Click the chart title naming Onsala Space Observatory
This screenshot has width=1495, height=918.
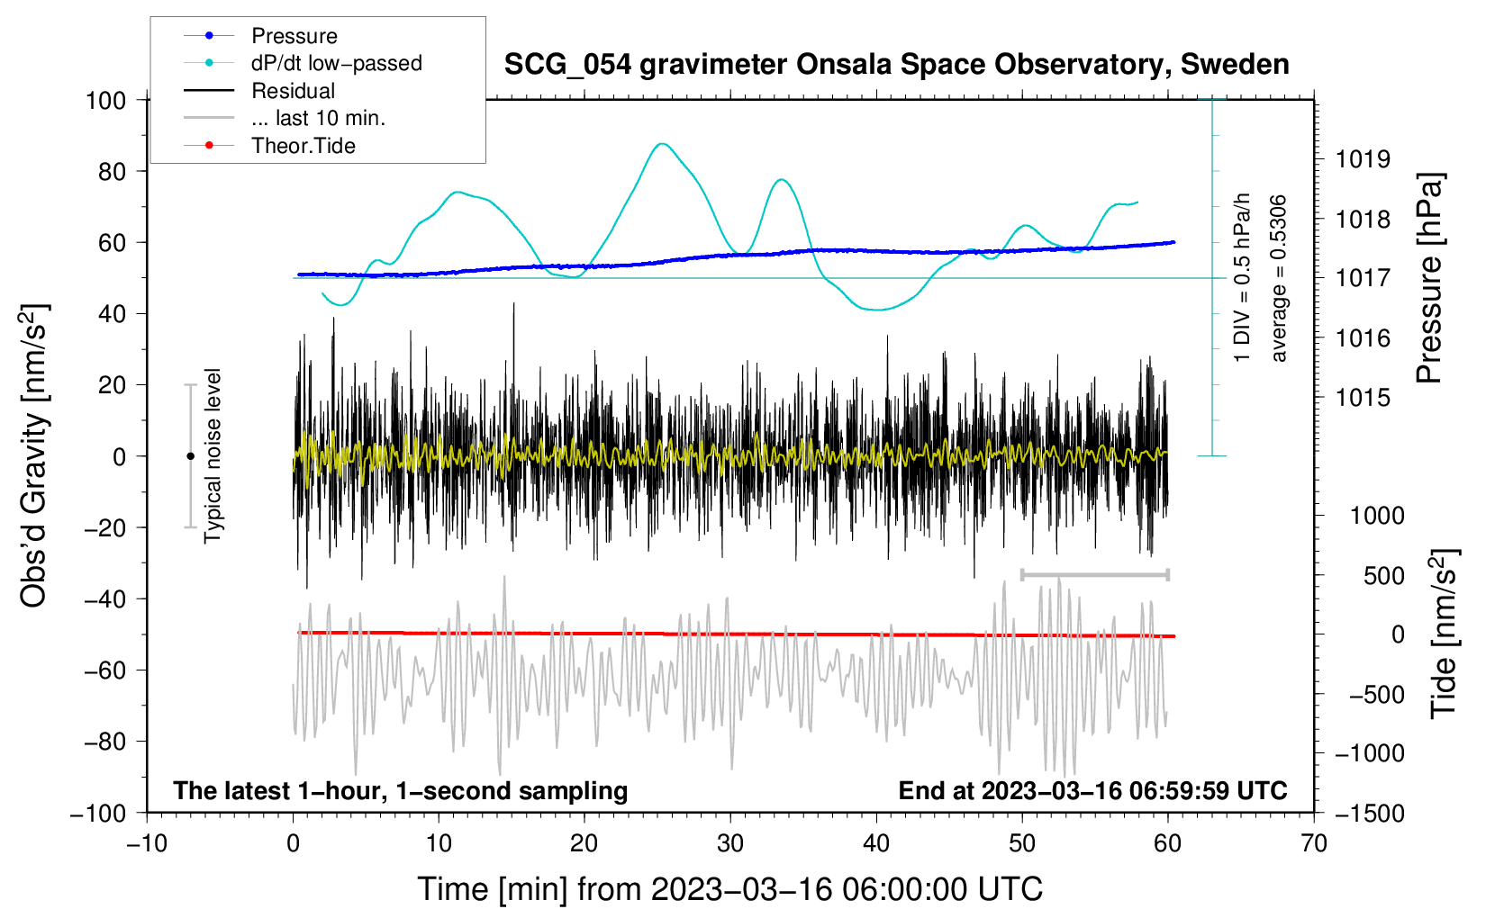point(896,65)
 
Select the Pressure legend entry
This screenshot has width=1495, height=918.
point(294,36)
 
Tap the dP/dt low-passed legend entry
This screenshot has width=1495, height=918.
point(336,63)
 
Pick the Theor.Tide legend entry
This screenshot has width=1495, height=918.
point(303,146)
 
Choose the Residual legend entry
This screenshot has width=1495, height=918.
point(293,91)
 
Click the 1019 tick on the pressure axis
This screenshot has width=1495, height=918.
point(1363,160)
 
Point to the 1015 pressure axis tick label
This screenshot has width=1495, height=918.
point(1363,398)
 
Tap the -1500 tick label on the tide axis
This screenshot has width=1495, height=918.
point(1370,814)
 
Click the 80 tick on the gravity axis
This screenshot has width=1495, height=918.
point(112,171)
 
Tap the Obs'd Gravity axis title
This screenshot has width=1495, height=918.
point(33,455)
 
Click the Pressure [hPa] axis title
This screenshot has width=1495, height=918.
point(1429,279)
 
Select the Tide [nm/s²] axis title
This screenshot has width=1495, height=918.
point(1444,634)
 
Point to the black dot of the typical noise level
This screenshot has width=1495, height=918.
point(190,456)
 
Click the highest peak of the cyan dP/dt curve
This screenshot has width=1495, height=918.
point(663,144)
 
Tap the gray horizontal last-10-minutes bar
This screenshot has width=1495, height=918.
point(1094,574)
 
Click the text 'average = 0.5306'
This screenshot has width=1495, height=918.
point(1279,279)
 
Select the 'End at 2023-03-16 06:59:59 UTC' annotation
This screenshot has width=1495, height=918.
point(1092,790)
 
